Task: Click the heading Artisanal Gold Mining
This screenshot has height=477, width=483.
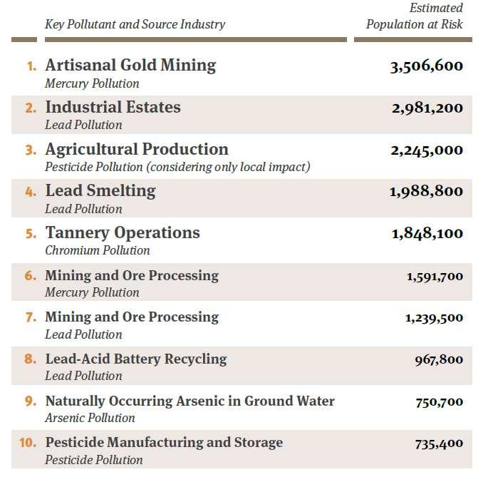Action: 130,66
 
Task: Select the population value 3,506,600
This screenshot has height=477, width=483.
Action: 427,66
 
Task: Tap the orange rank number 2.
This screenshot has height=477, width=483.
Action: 31,108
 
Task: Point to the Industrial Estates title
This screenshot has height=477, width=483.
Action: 113,107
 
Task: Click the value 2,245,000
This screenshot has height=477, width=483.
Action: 427,150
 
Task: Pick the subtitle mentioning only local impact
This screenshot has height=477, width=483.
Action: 177,167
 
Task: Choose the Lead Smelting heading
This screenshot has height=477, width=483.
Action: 100,191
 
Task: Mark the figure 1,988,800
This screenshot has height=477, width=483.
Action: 426,192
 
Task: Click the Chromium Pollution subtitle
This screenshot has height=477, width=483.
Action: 98,250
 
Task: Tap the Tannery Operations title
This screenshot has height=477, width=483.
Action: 123,232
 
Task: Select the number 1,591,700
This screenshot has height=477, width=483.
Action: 435,277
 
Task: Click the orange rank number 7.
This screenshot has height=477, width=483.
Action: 31,317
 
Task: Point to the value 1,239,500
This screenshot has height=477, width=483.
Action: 434,318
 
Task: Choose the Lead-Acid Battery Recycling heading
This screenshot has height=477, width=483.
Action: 136,359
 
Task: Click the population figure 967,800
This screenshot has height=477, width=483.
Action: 439,360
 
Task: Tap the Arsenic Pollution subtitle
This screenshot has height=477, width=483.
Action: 90,418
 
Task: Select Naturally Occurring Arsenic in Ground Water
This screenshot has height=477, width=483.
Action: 190,401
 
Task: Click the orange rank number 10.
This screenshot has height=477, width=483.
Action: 28,443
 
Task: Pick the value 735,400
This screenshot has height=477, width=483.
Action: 439,444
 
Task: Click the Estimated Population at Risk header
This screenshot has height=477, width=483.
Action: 415,16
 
